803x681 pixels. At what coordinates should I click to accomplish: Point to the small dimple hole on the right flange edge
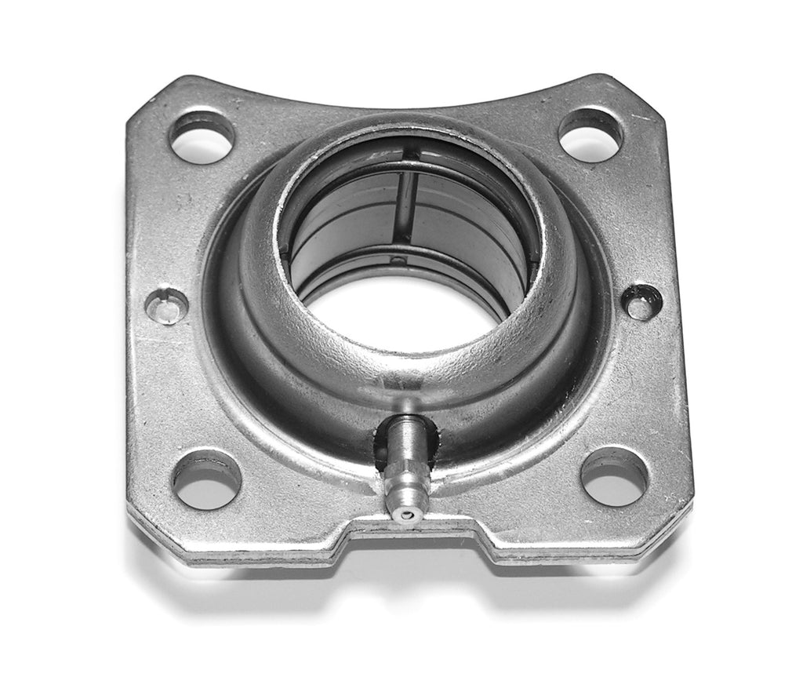pos(641,302)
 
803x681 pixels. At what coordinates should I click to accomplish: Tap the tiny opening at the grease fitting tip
pos(404,514)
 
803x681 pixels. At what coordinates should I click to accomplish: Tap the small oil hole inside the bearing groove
pos(398,259)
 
